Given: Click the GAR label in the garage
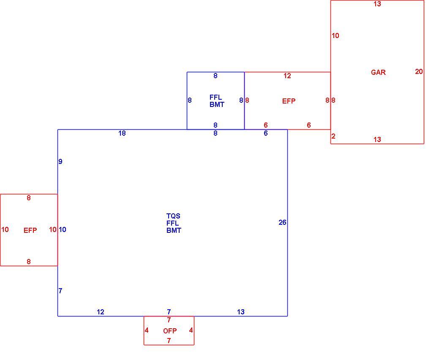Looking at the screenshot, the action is click(x=378, y=72).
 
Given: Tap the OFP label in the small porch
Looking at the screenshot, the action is click(x=170, y=331).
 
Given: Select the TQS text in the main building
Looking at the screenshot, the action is click(x=173, y=216).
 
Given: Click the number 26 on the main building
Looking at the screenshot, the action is click(x=282, y=222).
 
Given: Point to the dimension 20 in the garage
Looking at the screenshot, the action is click(x=419, y=71).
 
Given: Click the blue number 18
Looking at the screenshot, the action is click(x=122, y=133).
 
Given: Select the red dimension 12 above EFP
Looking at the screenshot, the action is click(x=287, y=76).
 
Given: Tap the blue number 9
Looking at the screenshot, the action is click(x=60, y=161).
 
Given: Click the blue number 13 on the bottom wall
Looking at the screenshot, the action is click(x=241, y=312).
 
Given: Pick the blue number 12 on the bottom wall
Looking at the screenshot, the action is click(x=101, y=312).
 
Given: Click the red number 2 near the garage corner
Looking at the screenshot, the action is click(x=333, y=136).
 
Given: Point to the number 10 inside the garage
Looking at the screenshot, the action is click(x=336, y=35).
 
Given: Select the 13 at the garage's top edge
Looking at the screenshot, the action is click(x=377, y=4).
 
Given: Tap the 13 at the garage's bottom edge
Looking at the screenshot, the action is click(x=377, y=139).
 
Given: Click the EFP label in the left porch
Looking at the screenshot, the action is click(x=30, y=230).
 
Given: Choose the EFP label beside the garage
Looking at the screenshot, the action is click(x=289, y=101).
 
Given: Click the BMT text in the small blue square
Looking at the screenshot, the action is click(x=217, y=104).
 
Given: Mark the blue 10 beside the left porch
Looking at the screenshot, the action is click(x=63, y=229).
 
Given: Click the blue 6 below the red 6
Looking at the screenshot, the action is click(x=266, y=133).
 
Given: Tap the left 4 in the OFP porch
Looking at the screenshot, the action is click(x=147, y=330).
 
